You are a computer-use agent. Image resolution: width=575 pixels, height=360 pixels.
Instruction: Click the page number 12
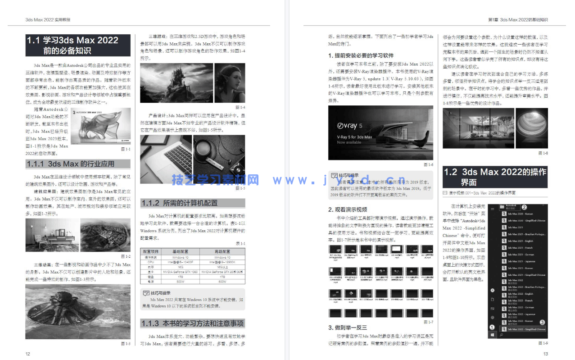pos(28,354)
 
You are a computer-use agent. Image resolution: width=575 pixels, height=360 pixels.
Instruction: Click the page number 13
pos(545,354)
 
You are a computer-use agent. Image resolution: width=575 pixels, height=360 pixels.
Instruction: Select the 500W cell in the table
pos(180,281)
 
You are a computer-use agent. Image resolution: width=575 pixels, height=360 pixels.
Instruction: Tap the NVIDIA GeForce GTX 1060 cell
pos(180,271)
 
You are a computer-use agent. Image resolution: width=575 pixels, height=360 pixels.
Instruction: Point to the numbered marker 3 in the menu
pos(542,322)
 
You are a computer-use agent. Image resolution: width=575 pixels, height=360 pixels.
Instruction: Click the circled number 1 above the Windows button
pos(492,327)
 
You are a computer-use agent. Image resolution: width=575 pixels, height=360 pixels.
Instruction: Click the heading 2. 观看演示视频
pos(346,210)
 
